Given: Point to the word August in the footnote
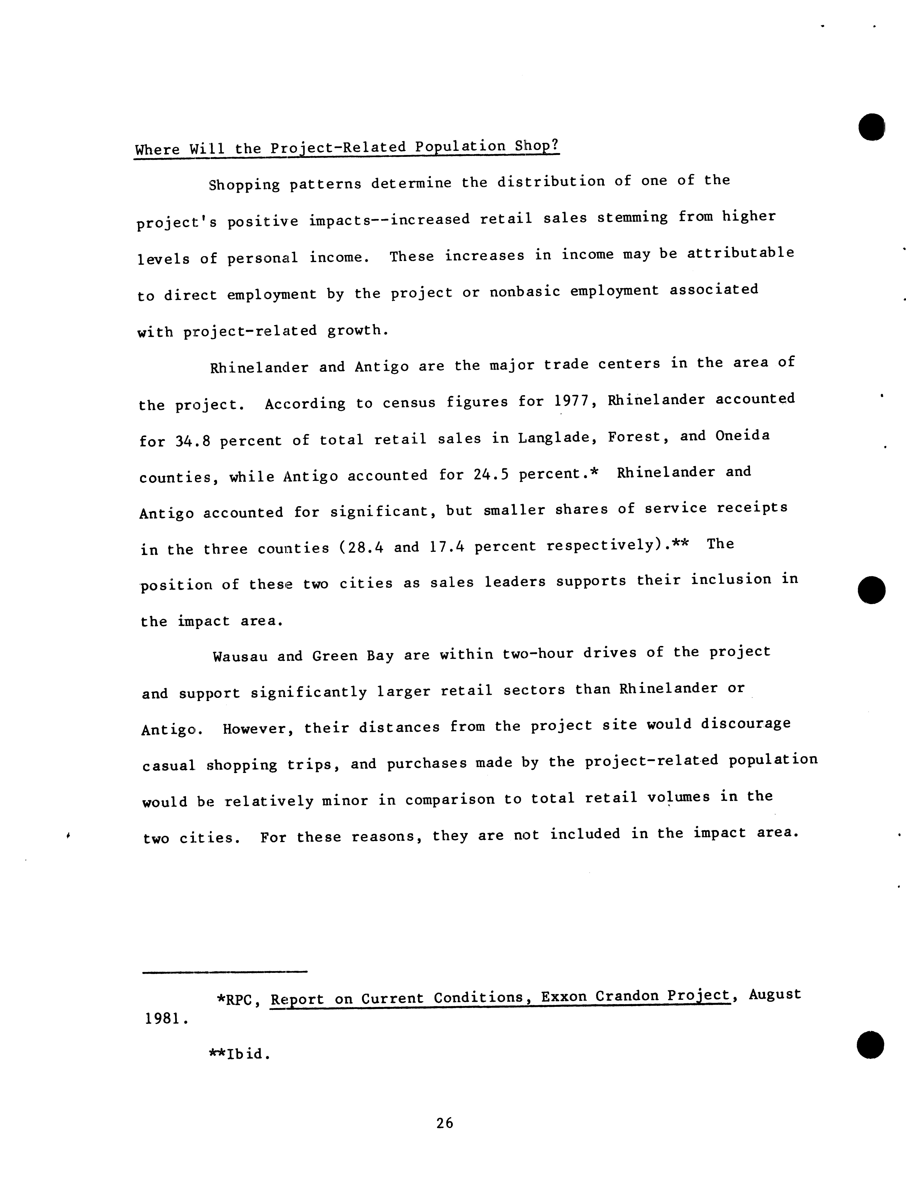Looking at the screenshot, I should coord(774,994).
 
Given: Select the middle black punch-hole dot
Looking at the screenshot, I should coord(871,590).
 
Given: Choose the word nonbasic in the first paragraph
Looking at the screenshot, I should coord(525,292).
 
